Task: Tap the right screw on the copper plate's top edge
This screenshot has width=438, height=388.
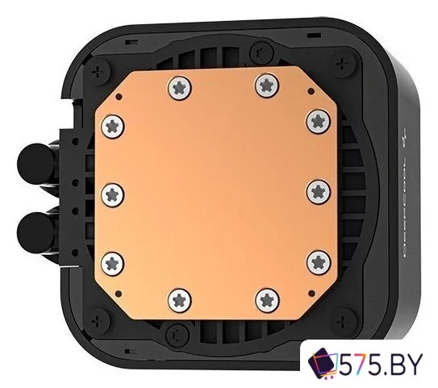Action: (265, 81)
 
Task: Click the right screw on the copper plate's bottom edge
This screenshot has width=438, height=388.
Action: (266, 300)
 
